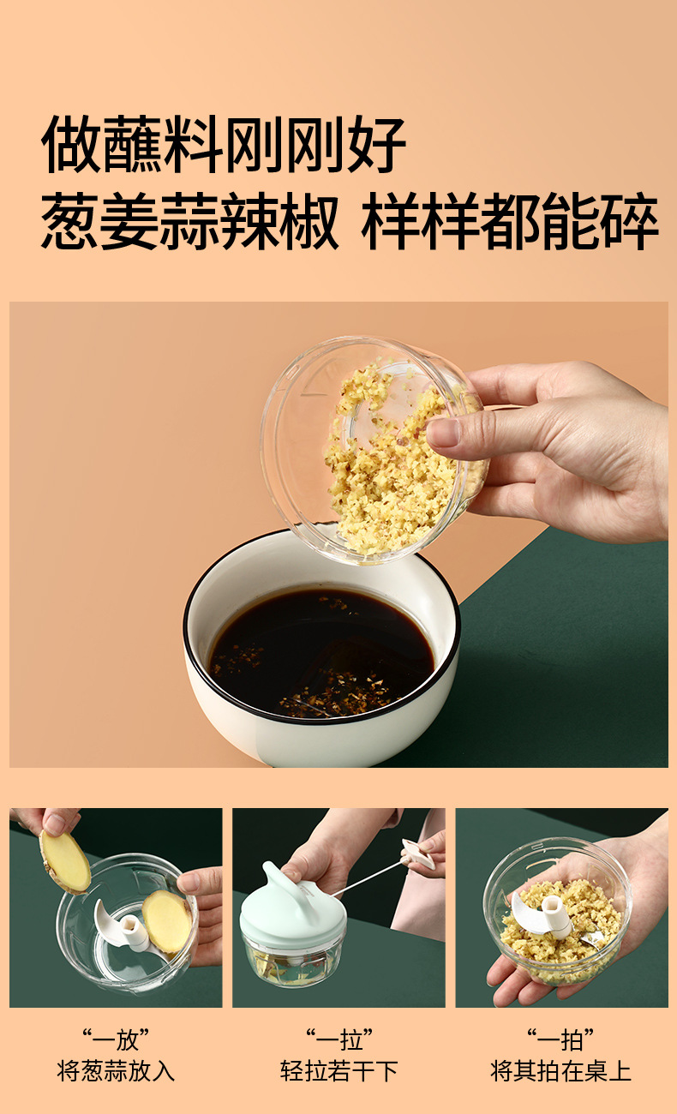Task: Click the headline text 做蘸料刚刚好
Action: click(x=224, y=144)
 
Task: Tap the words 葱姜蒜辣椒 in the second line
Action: click(x=189, y=221)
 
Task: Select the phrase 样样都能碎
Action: click(x=510, y=221)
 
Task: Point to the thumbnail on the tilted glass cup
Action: click(x=444, y=433)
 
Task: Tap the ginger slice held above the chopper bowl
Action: click(x=64, y=862)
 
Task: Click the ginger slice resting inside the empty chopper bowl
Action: click(x=166, y=921)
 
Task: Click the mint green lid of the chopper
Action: click(x=293, y=902)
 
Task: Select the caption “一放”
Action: click(x=116, y=1040)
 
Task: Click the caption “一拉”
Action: click(x=339, y=1040)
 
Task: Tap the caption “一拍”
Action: click(x=560, y=1040)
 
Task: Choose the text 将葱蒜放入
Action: click(x=116, y=1071)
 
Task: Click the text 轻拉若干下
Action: click(x=339, y=1071)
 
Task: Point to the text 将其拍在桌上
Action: click(x=560, y=1071)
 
